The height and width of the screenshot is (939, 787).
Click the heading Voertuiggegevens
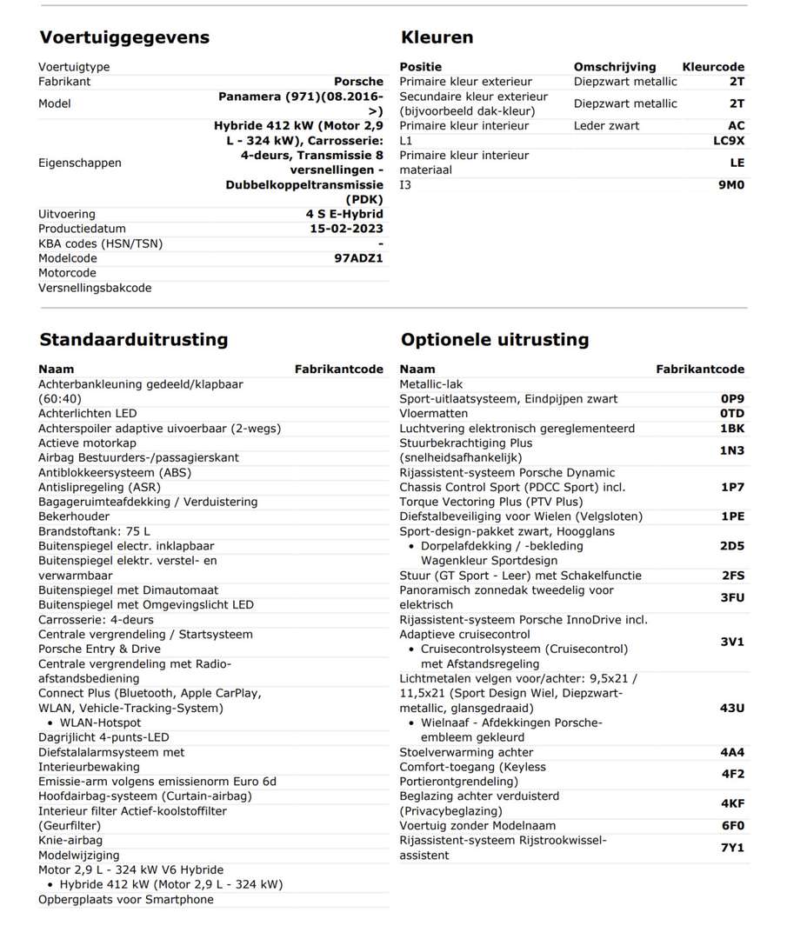[124, 37]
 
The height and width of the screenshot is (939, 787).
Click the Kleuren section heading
[437, 37]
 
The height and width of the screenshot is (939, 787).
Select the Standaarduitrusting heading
[134, 339]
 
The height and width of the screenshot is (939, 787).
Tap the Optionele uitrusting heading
[495, 339]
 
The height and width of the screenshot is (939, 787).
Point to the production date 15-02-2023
[346, 229]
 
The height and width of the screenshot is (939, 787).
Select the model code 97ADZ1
[358, 258]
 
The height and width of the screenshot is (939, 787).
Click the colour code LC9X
[729, 140]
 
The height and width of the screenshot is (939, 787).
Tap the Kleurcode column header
[713, 67]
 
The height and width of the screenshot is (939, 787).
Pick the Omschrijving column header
[615, 67]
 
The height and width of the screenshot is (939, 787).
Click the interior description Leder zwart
[606, 125]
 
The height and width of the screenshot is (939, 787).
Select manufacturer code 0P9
[732, 399]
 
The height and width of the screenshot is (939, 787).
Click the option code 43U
[732, 708]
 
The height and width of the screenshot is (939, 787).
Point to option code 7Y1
[732, 848]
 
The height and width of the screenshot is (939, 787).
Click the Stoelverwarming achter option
[466, 752]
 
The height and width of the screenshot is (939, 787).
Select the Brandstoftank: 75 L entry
[94, 531]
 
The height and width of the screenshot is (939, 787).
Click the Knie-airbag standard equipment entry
[70, 841]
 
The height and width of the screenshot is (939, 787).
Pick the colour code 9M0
[730, 184]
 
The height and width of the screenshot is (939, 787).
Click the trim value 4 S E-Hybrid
[344, 214]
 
